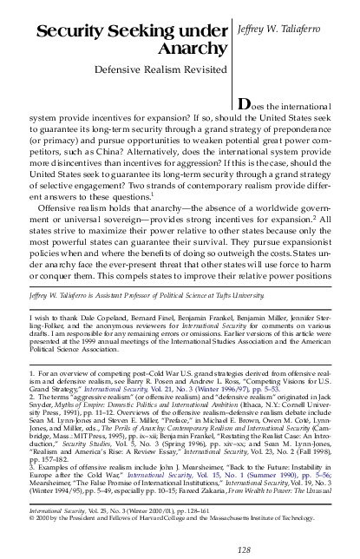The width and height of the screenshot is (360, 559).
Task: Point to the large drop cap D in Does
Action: [x=245, y=128]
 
